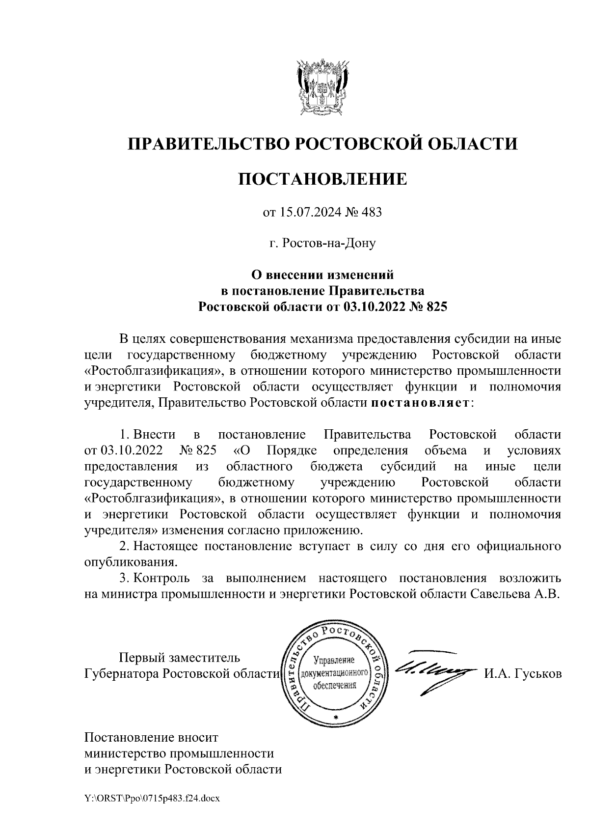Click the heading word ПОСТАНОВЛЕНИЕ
322,179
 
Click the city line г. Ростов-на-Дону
322,243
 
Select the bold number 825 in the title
438,307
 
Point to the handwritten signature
432,670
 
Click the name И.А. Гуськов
523,674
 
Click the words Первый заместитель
180,658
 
